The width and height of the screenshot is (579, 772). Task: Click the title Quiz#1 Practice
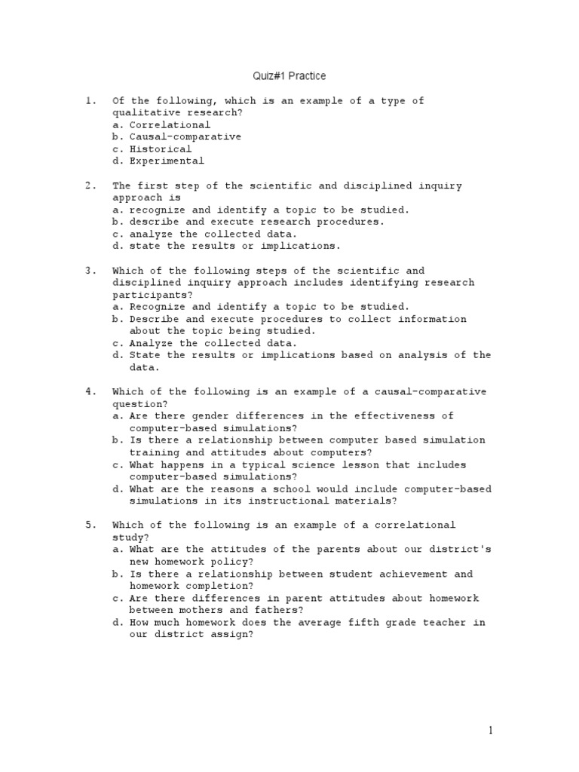point(289,76)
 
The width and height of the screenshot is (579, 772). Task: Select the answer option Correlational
point(170,124)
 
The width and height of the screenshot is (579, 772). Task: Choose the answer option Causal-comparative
point(185,136)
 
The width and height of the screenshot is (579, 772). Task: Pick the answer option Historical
point(161,149)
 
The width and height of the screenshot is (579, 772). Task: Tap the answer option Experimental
point(167,161)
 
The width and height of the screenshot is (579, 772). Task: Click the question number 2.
point(89,185)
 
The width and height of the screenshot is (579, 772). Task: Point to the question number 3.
point(89,271)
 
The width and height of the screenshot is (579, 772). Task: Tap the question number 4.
point(89,391)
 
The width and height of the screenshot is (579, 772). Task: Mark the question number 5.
point(89,525)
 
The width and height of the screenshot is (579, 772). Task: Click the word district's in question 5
point(461,550)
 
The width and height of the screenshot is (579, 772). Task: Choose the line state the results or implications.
point(235,246)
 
